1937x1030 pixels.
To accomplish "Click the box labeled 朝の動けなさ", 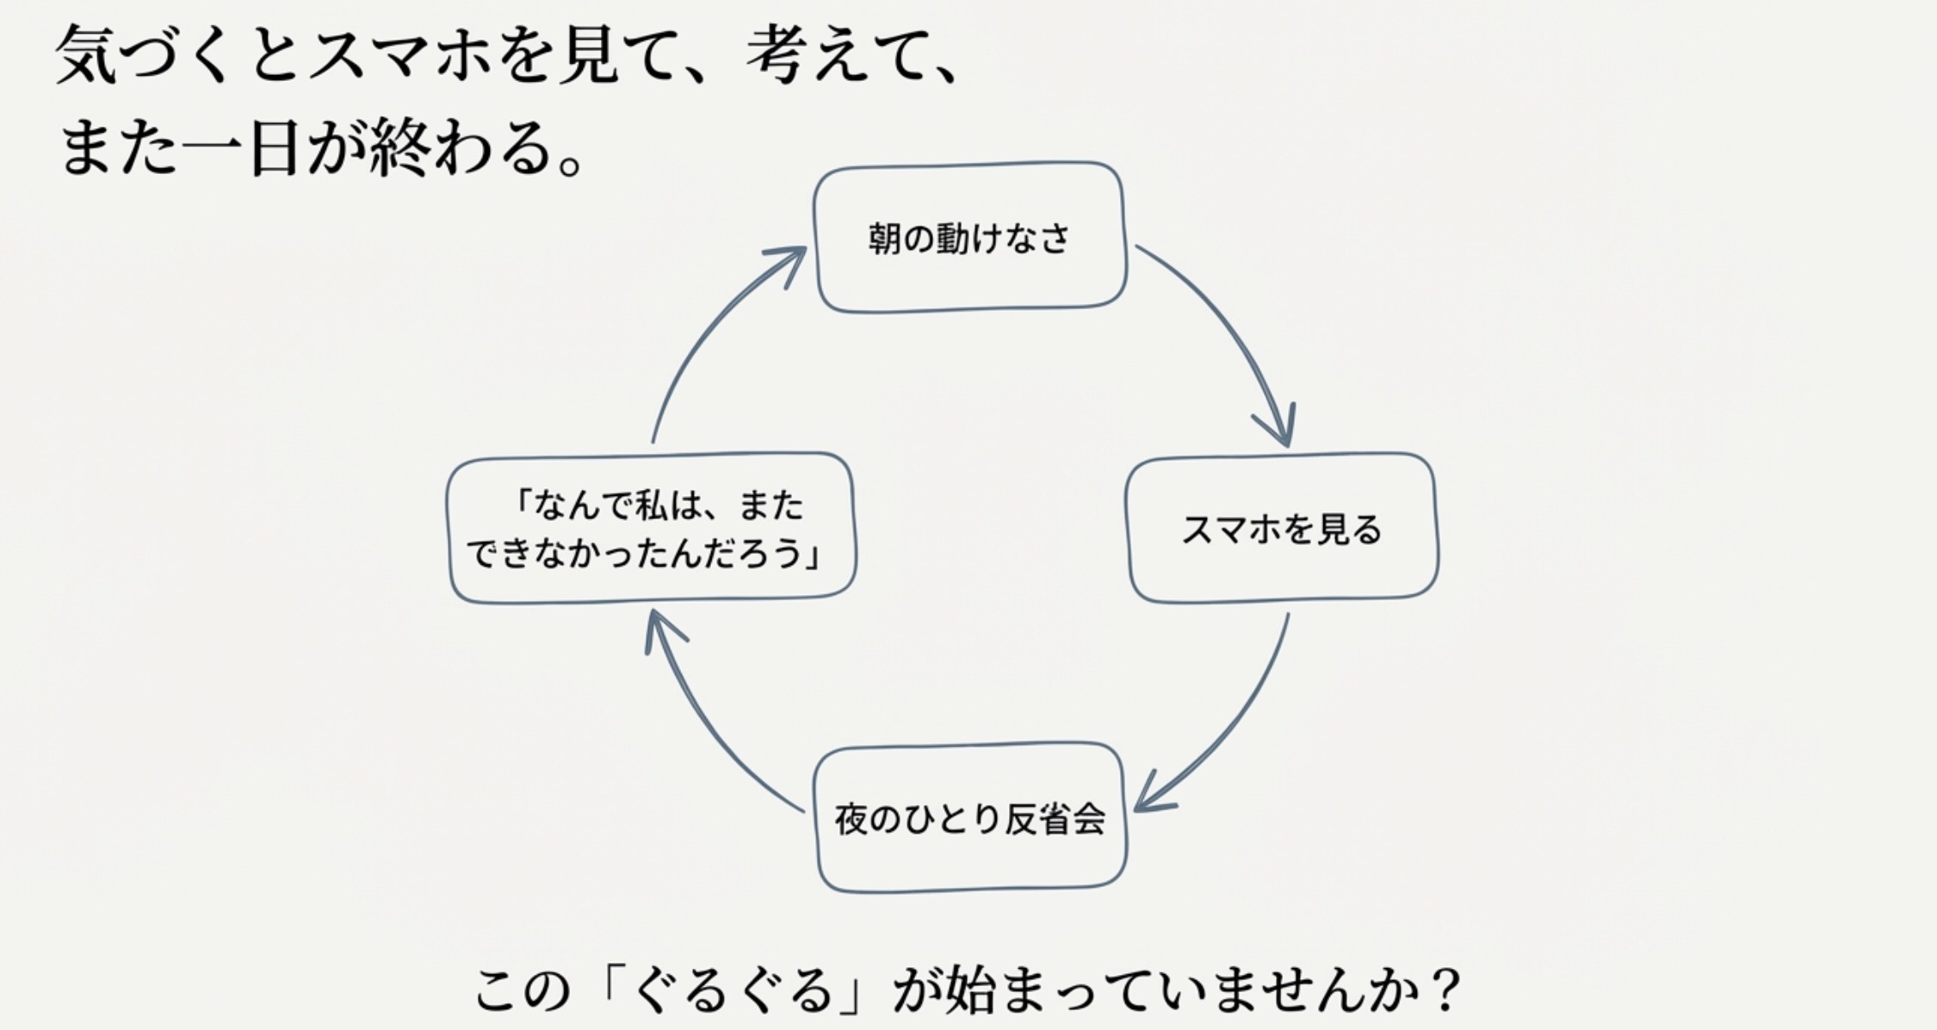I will click(969, 237).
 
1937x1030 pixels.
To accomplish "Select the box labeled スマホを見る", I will click(1282, 528).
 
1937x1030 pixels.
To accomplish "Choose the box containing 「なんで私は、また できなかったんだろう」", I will click(651, 528).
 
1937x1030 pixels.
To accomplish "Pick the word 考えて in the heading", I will click(839, 56).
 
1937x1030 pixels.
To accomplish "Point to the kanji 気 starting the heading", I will click(86, 56).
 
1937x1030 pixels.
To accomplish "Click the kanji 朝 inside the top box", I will click(884, 239).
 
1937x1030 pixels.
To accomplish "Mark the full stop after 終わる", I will click(569, 162).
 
